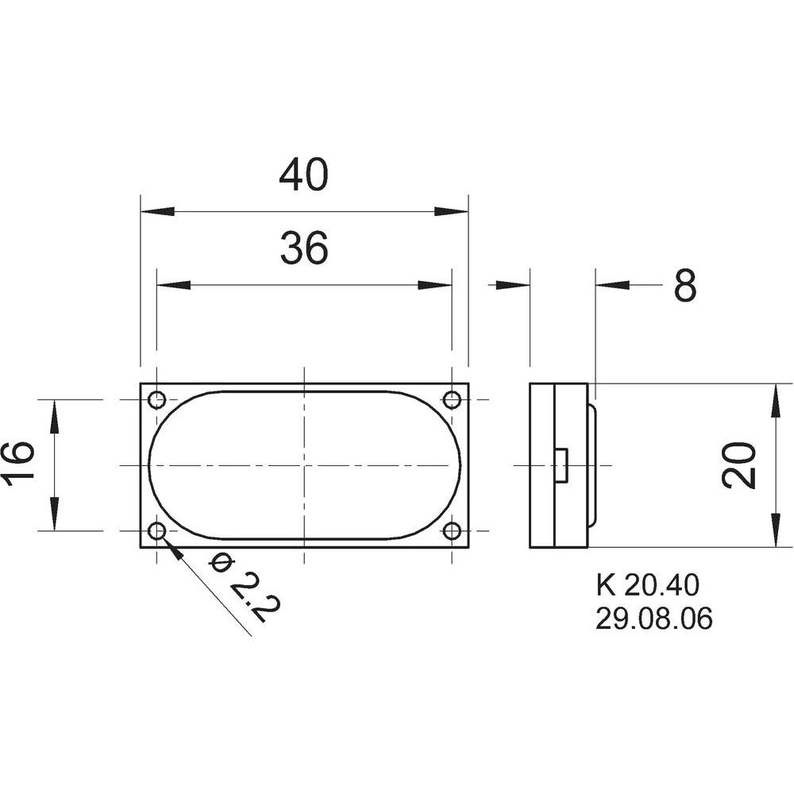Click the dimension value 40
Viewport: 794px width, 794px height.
(x=303, y=175)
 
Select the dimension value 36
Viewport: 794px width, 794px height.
(x=303, y=249)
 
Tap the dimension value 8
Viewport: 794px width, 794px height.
(x=685, y=286)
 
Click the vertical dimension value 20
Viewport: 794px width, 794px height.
(x=738, y=465)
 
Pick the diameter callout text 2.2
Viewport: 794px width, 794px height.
(x=247, y=588)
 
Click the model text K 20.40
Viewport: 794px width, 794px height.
(x=647, y=586)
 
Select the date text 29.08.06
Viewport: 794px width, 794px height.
(x=653, y=619)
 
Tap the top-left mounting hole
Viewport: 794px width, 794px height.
(x=157, y=399)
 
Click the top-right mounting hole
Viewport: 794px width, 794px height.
(x=452, y=399)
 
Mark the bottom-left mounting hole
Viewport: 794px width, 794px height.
(x=157, y=530)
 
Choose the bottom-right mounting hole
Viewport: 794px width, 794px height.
(x=452, y=530)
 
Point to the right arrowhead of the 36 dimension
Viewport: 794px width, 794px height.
(x=436, y=285)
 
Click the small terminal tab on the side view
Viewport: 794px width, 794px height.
(x=561, y=464)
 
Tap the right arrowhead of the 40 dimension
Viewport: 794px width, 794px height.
(x=452, y=212)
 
